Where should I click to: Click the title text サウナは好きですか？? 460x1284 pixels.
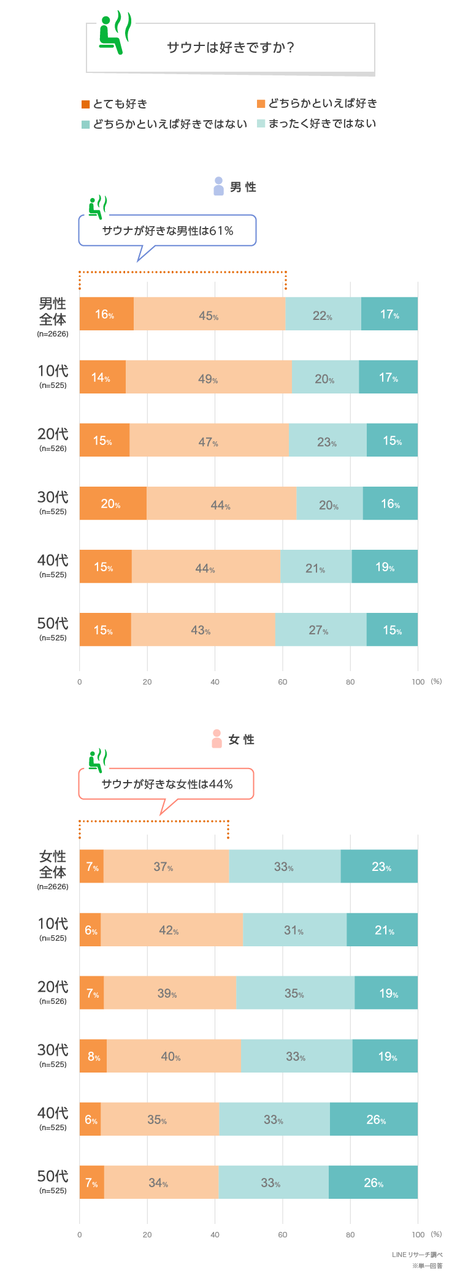pyautogui.click(x=231, y=47)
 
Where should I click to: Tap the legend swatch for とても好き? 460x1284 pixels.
pyautogui.click(x=86, y=104)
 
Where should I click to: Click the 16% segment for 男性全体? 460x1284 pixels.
pyautogui.click(x=106, y=314)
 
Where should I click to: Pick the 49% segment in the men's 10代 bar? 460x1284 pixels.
pyautogui.click(x=208, y=378)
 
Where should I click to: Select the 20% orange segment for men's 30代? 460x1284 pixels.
pyautogui.click(x=112, y=503)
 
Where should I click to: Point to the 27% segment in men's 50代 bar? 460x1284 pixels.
pyautogui.click(x=320, y=629)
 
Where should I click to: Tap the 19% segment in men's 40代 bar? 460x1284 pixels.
pyautogui.click(x=385, y=566)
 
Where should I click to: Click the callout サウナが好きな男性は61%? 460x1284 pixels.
pyautogui.click(x=167, y=231)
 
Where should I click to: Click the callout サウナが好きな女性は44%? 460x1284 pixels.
pyautogui.click(x=167, y=784)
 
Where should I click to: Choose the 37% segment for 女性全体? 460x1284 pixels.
pyautogui.click(x=166, y=866)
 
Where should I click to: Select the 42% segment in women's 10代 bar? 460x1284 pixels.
pyautogui.click(x=171, y=930)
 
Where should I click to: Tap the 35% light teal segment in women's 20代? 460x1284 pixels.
pyautogui.click(x=295, y=993)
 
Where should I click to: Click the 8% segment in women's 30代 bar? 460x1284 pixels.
pyautogui.click(x=93, y=1056)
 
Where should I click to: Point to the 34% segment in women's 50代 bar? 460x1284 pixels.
pyautogui.click(x=161, y=1182)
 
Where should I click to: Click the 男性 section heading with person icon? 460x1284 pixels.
pyautogui.click(x=235, y=187)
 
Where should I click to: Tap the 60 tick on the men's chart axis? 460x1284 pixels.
pyautogui.click(x=283, y=682)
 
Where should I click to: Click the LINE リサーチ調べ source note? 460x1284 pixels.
pyautogui.click(x=417, y=1255)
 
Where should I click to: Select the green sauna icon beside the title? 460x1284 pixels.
pyautogui.click(x=114, y=34)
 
